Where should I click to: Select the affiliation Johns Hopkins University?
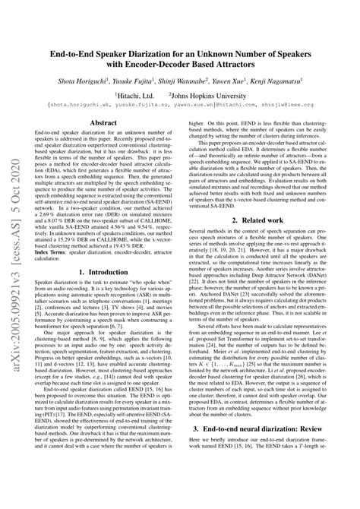pyautogui.click(x=227, y=93)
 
